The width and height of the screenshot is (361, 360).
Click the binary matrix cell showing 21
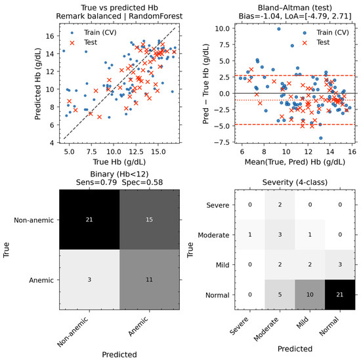coord(89,220)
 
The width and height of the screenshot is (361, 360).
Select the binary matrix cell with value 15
coord(150,220)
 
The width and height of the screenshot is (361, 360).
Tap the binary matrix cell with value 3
coord(89,280)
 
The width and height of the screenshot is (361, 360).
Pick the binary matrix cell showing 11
coord(150,280)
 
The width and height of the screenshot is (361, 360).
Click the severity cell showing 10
coord(310,294)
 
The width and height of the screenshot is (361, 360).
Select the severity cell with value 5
coord(280,294)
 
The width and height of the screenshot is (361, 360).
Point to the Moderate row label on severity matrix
coord(213,235)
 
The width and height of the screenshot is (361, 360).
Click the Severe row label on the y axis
coord(217,205)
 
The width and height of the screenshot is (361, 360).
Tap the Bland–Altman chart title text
coord(295,8)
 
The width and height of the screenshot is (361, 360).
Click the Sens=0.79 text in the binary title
coord(96,182)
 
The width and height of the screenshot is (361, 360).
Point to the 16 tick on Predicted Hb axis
coord(50,36)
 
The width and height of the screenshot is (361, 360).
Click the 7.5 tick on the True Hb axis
coord(91,152)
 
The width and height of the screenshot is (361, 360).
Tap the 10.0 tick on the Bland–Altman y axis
coord(222,28)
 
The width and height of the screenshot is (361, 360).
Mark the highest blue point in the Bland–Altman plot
coord(279,29)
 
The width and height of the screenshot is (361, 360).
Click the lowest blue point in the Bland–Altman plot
coord(321,138)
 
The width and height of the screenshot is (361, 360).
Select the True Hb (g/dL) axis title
coord(119,162)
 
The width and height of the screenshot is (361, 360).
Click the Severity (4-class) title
coord(295,182)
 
